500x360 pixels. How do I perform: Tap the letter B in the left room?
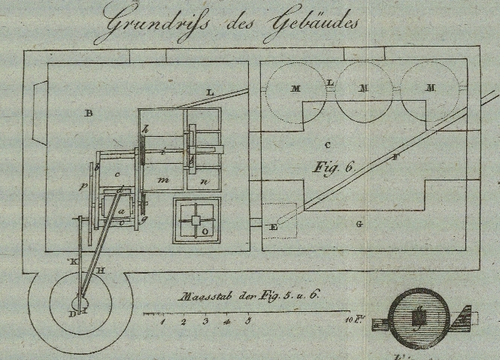click(88, 114)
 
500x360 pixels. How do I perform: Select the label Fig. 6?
click(333, 168)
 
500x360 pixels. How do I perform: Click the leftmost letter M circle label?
click(296, 89)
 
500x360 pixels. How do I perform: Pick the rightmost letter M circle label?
click(431, 88)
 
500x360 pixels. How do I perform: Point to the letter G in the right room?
click(359, 223)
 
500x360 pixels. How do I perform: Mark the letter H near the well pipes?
click(101, 270)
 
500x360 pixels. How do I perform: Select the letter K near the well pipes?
click(73, 261)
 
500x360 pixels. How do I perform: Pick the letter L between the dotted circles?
click(331, 82)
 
